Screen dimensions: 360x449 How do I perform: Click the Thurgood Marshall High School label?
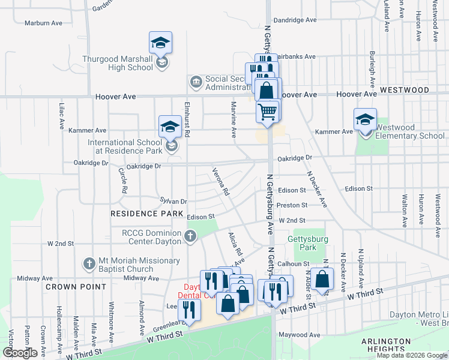point(118,63)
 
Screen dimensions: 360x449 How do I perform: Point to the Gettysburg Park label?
point(302,243)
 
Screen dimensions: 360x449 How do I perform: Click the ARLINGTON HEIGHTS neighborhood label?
point(386,344)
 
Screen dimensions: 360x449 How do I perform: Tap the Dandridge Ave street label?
point(295,20)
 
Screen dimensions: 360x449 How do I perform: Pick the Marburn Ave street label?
point(43,23)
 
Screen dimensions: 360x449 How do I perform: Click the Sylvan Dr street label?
point(174,202)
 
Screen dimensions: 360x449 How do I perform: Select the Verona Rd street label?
point(221,182)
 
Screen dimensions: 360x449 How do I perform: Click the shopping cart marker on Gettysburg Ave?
point(267,111)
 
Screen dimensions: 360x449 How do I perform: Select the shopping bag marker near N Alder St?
point(322,279)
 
